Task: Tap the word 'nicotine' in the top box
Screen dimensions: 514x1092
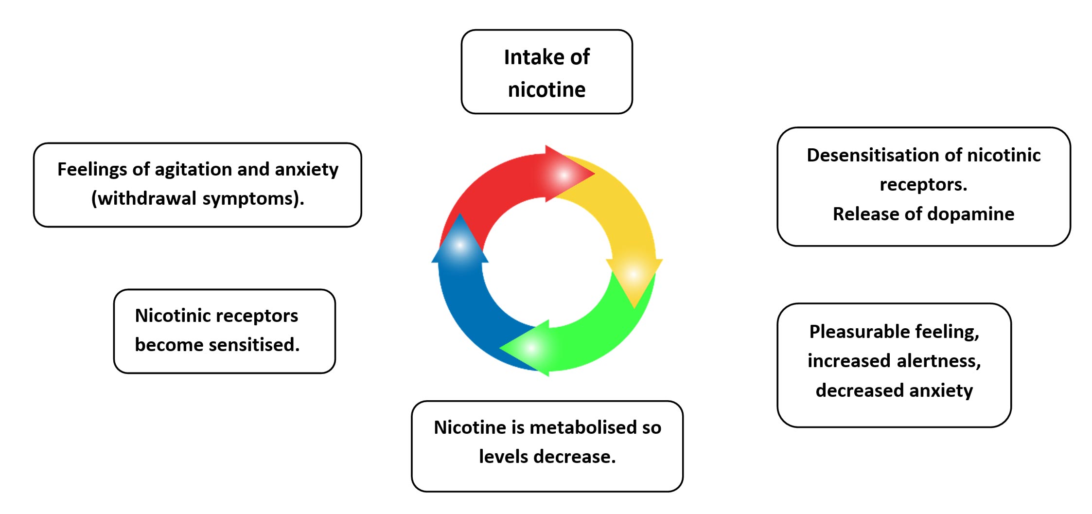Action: click(546, 90)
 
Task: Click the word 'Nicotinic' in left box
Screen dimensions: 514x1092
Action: click(166, 316)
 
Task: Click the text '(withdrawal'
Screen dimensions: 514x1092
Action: click(143, 198)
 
